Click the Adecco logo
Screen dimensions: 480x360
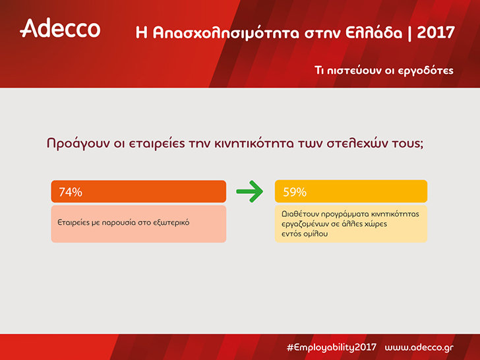point(60,28)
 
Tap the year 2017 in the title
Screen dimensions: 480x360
point(436,32)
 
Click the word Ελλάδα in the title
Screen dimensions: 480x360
point(374,32)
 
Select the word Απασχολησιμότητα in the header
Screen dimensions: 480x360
point(225,33)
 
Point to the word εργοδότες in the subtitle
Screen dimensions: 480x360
point(425,71)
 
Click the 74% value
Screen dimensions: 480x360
point(71,192)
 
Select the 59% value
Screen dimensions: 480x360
point(295,192)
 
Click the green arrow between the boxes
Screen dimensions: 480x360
point(249,191)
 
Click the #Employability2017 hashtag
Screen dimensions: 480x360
point(332,347)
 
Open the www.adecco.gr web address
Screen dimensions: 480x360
point(419,347)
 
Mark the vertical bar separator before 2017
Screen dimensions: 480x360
point(409,33)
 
